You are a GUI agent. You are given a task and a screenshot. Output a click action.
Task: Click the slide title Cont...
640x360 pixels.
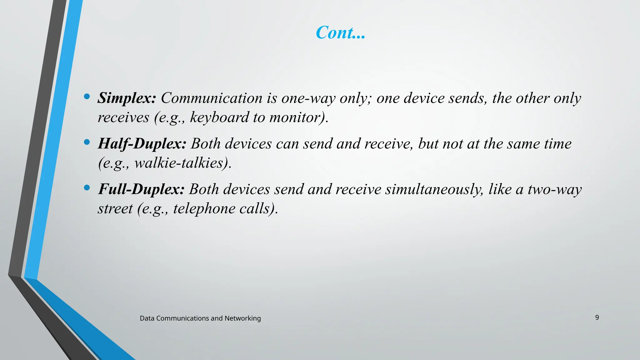tap(340, 32)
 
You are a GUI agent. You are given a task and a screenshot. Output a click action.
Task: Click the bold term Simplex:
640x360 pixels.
tap(127, 98)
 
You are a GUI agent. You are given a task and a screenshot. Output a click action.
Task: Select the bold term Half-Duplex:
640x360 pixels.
tap(142, 144)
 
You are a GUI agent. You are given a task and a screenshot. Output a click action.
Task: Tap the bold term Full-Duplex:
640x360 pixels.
tap(141, 189)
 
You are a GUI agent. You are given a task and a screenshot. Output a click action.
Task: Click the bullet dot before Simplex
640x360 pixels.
tap(87, 97)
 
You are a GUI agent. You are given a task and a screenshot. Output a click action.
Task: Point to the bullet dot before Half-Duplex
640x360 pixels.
tap(87, 142)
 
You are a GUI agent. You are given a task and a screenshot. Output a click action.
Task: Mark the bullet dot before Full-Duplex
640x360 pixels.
tap(87, 188)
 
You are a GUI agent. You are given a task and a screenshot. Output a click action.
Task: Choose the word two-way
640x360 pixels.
tap(554, 189)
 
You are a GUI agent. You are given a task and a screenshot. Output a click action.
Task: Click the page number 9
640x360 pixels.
tap(597, 317)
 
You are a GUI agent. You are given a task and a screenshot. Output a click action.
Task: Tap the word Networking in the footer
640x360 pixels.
tap(242, 318)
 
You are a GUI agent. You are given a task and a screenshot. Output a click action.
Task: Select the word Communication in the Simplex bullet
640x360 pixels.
tap(212, 98)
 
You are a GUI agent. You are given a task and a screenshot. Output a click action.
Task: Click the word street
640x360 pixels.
tap(115, 209)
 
